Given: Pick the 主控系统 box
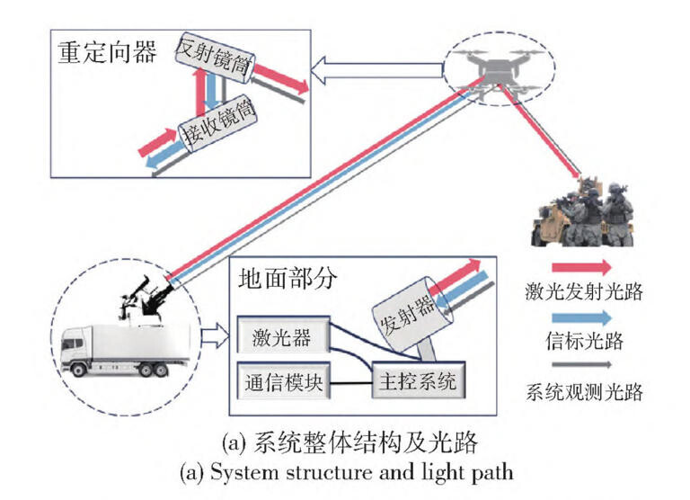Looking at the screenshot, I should click(414, 382).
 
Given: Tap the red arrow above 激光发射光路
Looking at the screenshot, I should click(581, 266).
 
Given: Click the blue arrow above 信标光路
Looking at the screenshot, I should click(581, 316).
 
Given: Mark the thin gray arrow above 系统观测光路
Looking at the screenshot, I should click(581, 364).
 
